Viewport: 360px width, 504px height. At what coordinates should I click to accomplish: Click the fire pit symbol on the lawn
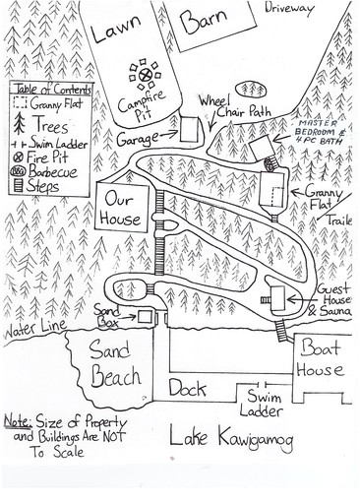click(x=148, y=73)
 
